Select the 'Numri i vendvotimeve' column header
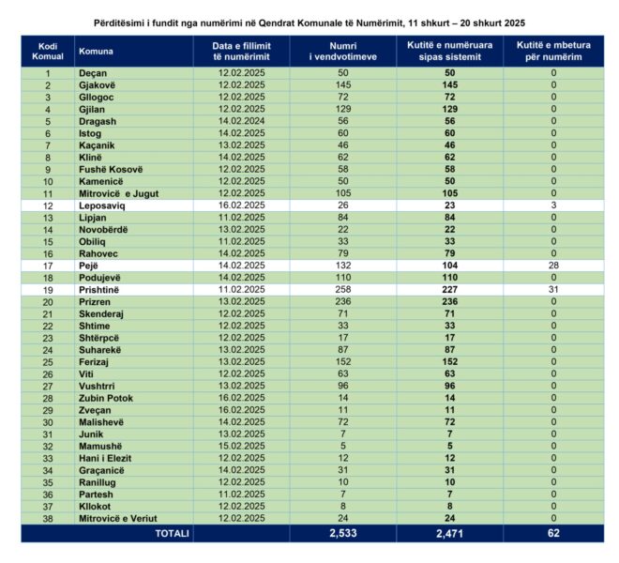click(x=342, y=52)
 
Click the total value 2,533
click(x=342, y=532)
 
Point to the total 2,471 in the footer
click(x=449, y=532)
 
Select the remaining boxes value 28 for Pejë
click(x=552, y=266)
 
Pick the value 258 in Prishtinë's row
click(x=342, y=291)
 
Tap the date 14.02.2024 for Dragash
click(x=240, y=120)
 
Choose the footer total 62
click(x=552, y=532)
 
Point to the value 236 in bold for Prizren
click(x=449, y=303)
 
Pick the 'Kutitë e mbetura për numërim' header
click(x=552, y=52)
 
